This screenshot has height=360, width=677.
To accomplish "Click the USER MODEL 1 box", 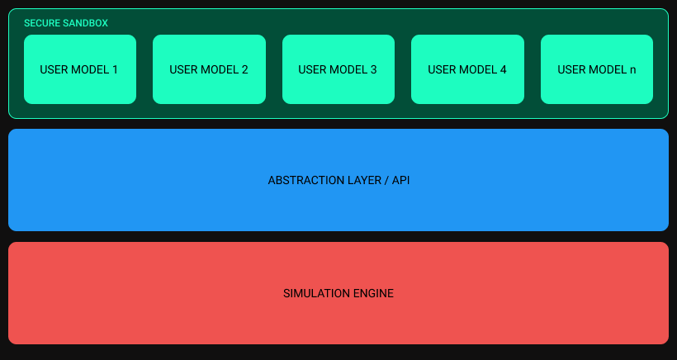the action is pyautogui.click(x=80, y=69).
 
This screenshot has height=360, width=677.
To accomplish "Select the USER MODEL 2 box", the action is pyautogui.click(x=209, y=69).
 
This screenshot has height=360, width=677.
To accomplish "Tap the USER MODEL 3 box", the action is pyautogui.click(x=338, y=69).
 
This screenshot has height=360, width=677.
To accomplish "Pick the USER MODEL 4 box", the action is pyautogui.click(x=467, y=69).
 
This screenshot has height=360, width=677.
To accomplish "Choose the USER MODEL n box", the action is pyautogui.click(x=597, y=69).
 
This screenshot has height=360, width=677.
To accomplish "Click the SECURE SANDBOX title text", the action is pyautogui.click(x=66, y=23).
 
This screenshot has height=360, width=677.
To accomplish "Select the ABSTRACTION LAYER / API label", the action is pyautogui.click(x=338, y=181).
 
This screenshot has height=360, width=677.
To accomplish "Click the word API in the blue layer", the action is pyautogui.click(x=400, y=181).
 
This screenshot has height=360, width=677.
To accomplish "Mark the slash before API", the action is pyautogui.click(x=385, y=181).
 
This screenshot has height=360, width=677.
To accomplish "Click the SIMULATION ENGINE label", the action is pyautogui.click(x=338, y=293).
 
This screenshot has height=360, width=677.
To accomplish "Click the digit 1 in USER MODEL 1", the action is pyautogui.click(x=115, y=69).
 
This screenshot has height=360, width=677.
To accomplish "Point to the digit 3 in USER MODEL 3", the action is pyautogui.click(x=373, y=69).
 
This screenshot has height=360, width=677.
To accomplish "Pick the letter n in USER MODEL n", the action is pyautogui.click(x=632, y=70).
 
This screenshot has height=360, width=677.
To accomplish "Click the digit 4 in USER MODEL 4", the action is pyautogui.click(x=503, y=69).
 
